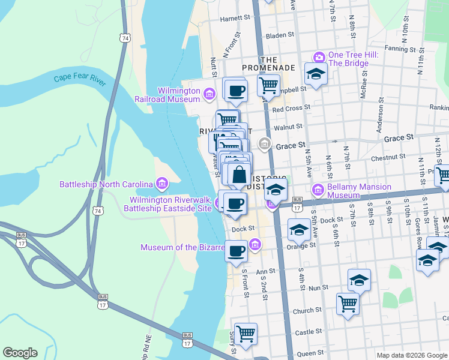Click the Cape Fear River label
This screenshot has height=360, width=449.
[x=79, y=79]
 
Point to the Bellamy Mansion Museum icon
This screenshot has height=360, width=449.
[x=318, y=190]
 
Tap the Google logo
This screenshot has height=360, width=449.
[x=20, y=353]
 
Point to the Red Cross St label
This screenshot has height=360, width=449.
[x=291, y=109]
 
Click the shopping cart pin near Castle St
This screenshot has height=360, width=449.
[x=245, y=333]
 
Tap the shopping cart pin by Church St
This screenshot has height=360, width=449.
[x=348, y=304]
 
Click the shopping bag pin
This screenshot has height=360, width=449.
[x=239, y=175]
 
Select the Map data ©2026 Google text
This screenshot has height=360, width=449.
[x=411, y=355]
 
